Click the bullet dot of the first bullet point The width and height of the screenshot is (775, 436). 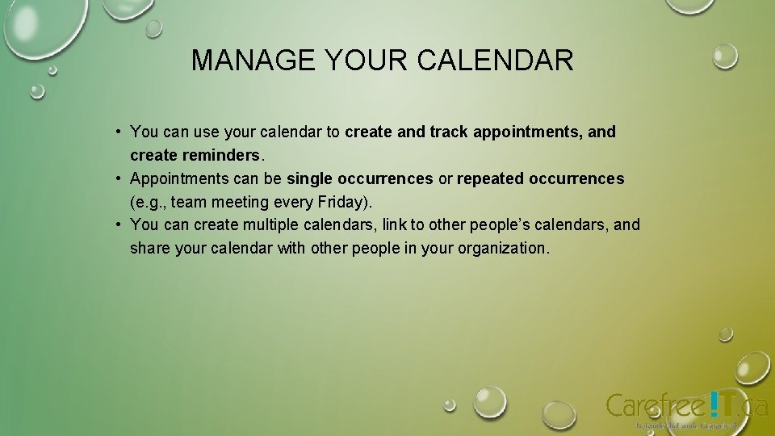[118, 131]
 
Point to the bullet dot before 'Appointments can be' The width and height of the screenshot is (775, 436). [118, 178]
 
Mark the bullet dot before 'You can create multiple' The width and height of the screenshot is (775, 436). [118, 224]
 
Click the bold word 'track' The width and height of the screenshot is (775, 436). [448, 132]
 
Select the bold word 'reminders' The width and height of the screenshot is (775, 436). [224, 155]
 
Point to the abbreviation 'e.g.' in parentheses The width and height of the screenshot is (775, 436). [149, 202]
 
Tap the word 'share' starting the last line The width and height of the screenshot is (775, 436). [150, 249]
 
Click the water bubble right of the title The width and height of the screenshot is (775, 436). [725, 56]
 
